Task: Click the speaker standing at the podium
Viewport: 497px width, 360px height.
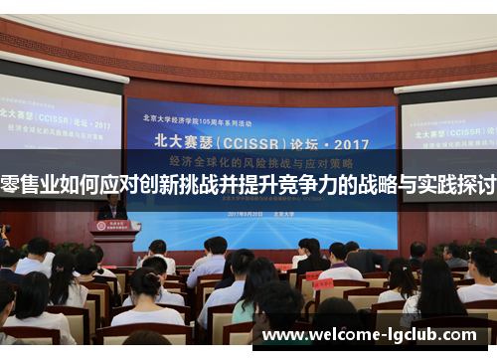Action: click(x=112, y=207)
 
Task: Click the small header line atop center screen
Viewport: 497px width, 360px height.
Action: click(x=261, y=111)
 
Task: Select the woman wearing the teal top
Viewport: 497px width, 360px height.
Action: click(x=250, y=293)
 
